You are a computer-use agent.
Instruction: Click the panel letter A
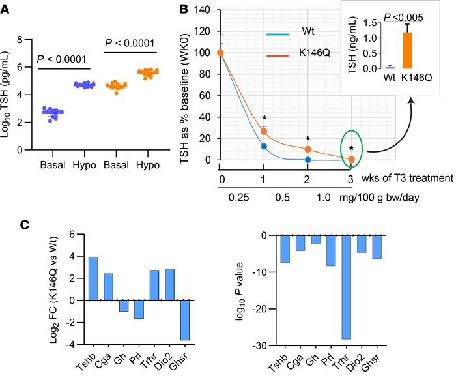7,9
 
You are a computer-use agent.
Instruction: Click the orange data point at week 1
264,132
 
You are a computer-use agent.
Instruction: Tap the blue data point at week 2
307,159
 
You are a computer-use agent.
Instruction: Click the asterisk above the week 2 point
307,140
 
